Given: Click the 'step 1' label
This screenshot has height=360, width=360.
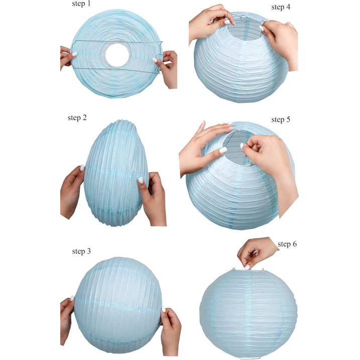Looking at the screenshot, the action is [x=81, y=4].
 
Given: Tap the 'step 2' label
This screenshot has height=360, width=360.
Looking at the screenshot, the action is [x=77, y=118].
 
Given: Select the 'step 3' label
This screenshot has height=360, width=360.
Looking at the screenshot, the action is [x=81, y=251].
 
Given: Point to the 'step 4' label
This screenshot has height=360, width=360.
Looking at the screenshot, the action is [x=281, y=7].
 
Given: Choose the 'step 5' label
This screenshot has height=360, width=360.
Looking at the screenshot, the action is [x=281, y=119].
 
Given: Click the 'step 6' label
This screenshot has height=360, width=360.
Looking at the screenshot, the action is [x=287, y=244].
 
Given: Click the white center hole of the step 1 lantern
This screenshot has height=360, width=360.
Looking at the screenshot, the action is [x=117, y=55].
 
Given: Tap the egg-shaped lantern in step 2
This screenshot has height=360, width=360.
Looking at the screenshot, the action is [x=116, y=173].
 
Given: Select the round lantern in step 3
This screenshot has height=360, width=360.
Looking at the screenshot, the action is [x=118, y=305].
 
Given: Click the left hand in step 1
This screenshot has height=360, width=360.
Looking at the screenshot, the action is [x=68, y=57].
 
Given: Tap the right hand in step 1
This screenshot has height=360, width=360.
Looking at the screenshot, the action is [x=167, y=69].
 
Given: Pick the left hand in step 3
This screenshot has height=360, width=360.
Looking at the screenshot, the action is [x=67, y=320].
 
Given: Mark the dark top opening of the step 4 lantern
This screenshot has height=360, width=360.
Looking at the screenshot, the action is [x=245, y=30].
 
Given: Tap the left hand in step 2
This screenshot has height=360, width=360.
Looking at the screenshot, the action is [x=72, y=192].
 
